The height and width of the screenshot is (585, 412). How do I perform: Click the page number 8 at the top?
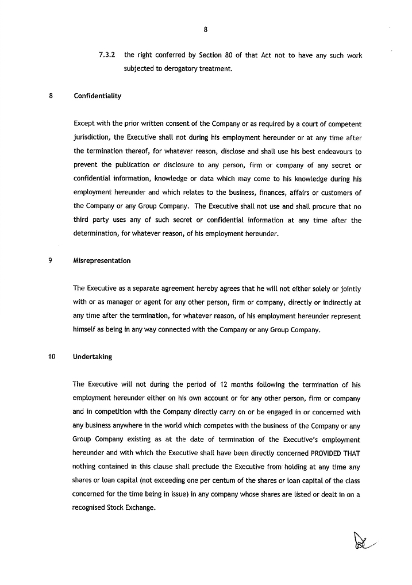point(205,29)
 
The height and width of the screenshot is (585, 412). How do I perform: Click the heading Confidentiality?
point(97,96)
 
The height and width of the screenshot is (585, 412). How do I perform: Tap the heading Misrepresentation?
point(102,261)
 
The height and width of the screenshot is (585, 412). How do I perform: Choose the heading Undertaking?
point(93,357)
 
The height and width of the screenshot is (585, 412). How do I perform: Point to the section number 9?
point(51,261)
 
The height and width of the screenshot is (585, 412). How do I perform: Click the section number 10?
point(52,357)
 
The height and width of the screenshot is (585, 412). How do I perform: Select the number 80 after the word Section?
point(225,55)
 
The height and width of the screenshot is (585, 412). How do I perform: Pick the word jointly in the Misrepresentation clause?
point(349,288)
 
